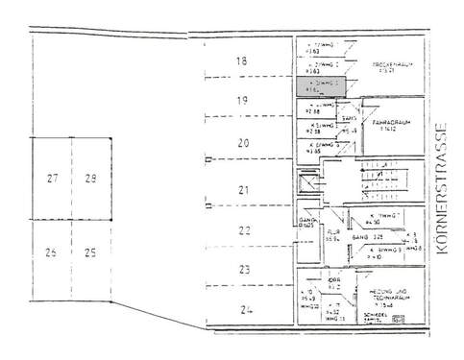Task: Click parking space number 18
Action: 242,61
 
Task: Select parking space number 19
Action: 242,100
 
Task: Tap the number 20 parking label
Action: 243,143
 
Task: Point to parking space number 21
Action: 243,189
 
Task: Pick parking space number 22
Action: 244,230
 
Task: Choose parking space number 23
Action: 245,270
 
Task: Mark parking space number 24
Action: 247,309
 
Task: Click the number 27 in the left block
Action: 53,179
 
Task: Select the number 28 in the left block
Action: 91,179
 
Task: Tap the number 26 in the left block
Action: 52,253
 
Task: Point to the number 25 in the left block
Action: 90,253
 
